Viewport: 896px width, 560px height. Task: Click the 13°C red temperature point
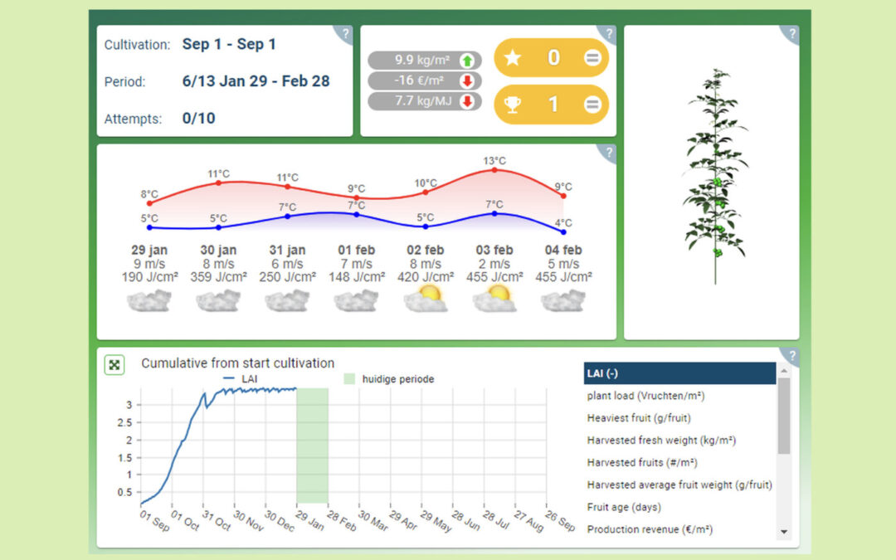[494, 170]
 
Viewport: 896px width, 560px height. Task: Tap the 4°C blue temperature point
[564, 232]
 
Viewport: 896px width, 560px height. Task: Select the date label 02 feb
[426, 250]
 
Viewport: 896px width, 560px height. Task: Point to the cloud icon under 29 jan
[149, 299]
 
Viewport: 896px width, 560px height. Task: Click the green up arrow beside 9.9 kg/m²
[466, 60]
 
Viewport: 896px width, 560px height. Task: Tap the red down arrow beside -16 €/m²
[466, 80]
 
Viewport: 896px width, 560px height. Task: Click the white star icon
[514, 58]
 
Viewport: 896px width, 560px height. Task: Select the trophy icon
[514, 105]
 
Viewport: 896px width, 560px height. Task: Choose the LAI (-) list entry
[679, 373]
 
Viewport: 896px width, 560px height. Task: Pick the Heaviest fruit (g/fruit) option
[639, 418]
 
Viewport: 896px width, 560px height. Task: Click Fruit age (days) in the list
[624, 507]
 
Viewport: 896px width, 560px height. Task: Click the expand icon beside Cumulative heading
[114, 364]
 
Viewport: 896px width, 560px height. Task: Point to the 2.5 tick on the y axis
[125, 422]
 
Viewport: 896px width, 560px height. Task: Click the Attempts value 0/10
[198, 119]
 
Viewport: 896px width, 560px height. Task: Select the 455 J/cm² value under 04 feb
[564, 277]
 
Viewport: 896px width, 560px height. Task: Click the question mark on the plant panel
[792, 34]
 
